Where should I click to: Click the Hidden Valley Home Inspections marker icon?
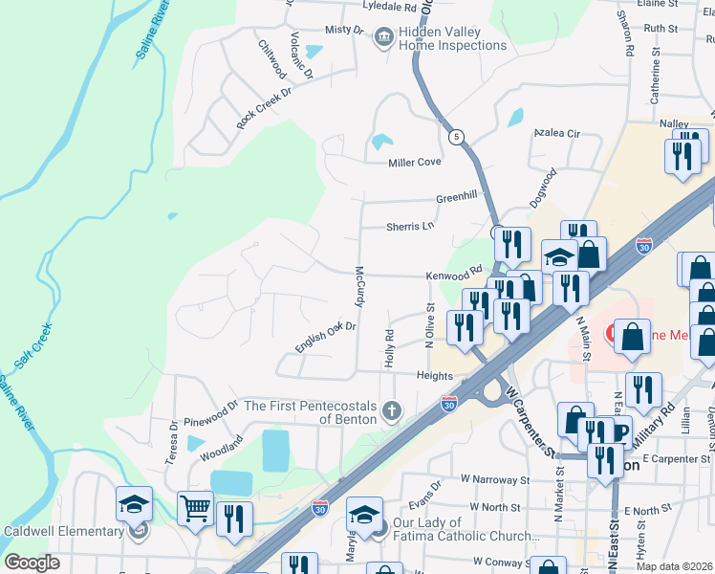(384, 37)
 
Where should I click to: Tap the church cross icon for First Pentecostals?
(390, 411)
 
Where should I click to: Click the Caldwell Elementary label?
(63, 531)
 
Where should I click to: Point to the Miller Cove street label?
(414, 163)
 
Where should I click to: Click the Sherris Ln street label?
(409, 227)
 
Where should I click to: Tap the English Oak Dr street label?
(325, 337)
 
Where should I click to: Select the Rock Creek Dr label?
(263, 108)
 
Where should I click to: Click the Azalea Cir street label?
(557, 133)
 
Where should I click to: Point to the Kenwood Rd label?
(455, 275)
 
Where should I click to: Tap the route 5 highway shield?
(457, 137)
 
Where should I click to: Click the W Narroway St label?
(494, 478)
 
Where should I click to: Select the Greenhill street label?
(456, 196)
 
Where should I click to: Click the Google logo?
(32, 563)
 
